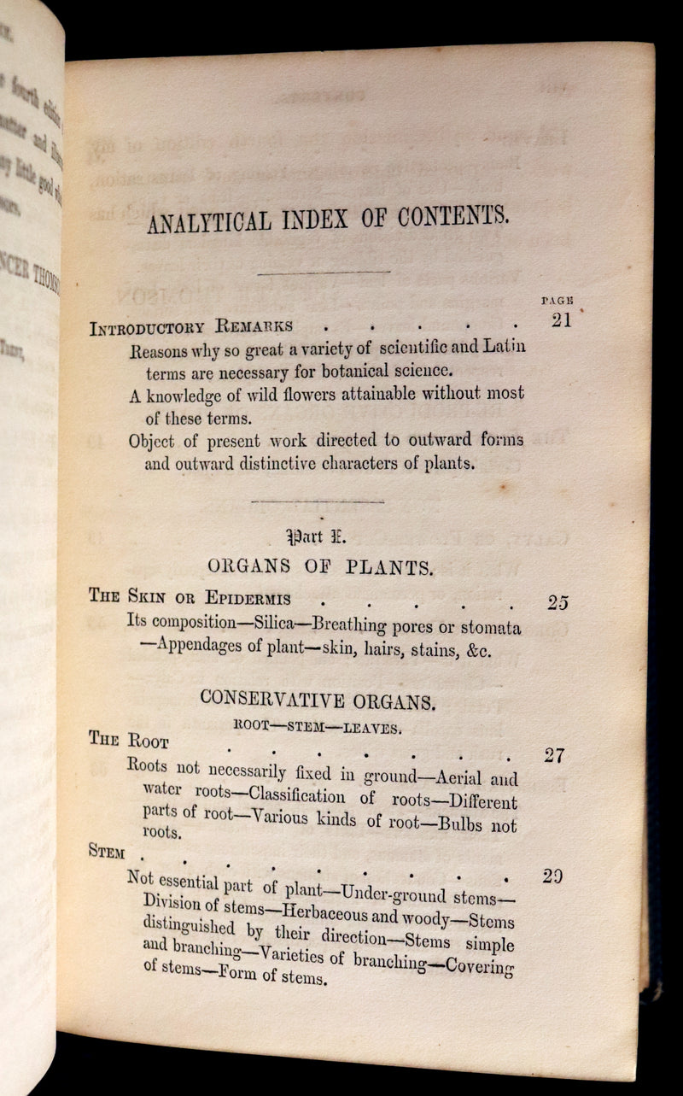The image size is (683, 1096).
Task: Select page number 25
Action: [x=557, y=602]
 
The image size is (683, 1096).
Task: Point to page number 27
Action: [x=556, y=755]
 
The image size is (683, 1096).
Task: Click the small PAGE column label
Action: [x=557, y=301]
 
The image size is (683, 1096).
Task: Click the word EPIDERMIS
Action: [x=247, y=599]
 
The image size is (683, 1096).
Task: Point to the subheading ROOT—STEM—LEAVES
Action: [x=317, y=726]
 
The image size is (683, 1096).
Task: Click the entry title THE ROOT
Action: [x=129, y=741]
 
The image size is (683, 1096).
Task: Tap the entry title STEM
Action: [x=107, y=852]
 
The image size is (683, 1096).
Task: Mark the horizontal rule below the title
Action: [x=324, y=273]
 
